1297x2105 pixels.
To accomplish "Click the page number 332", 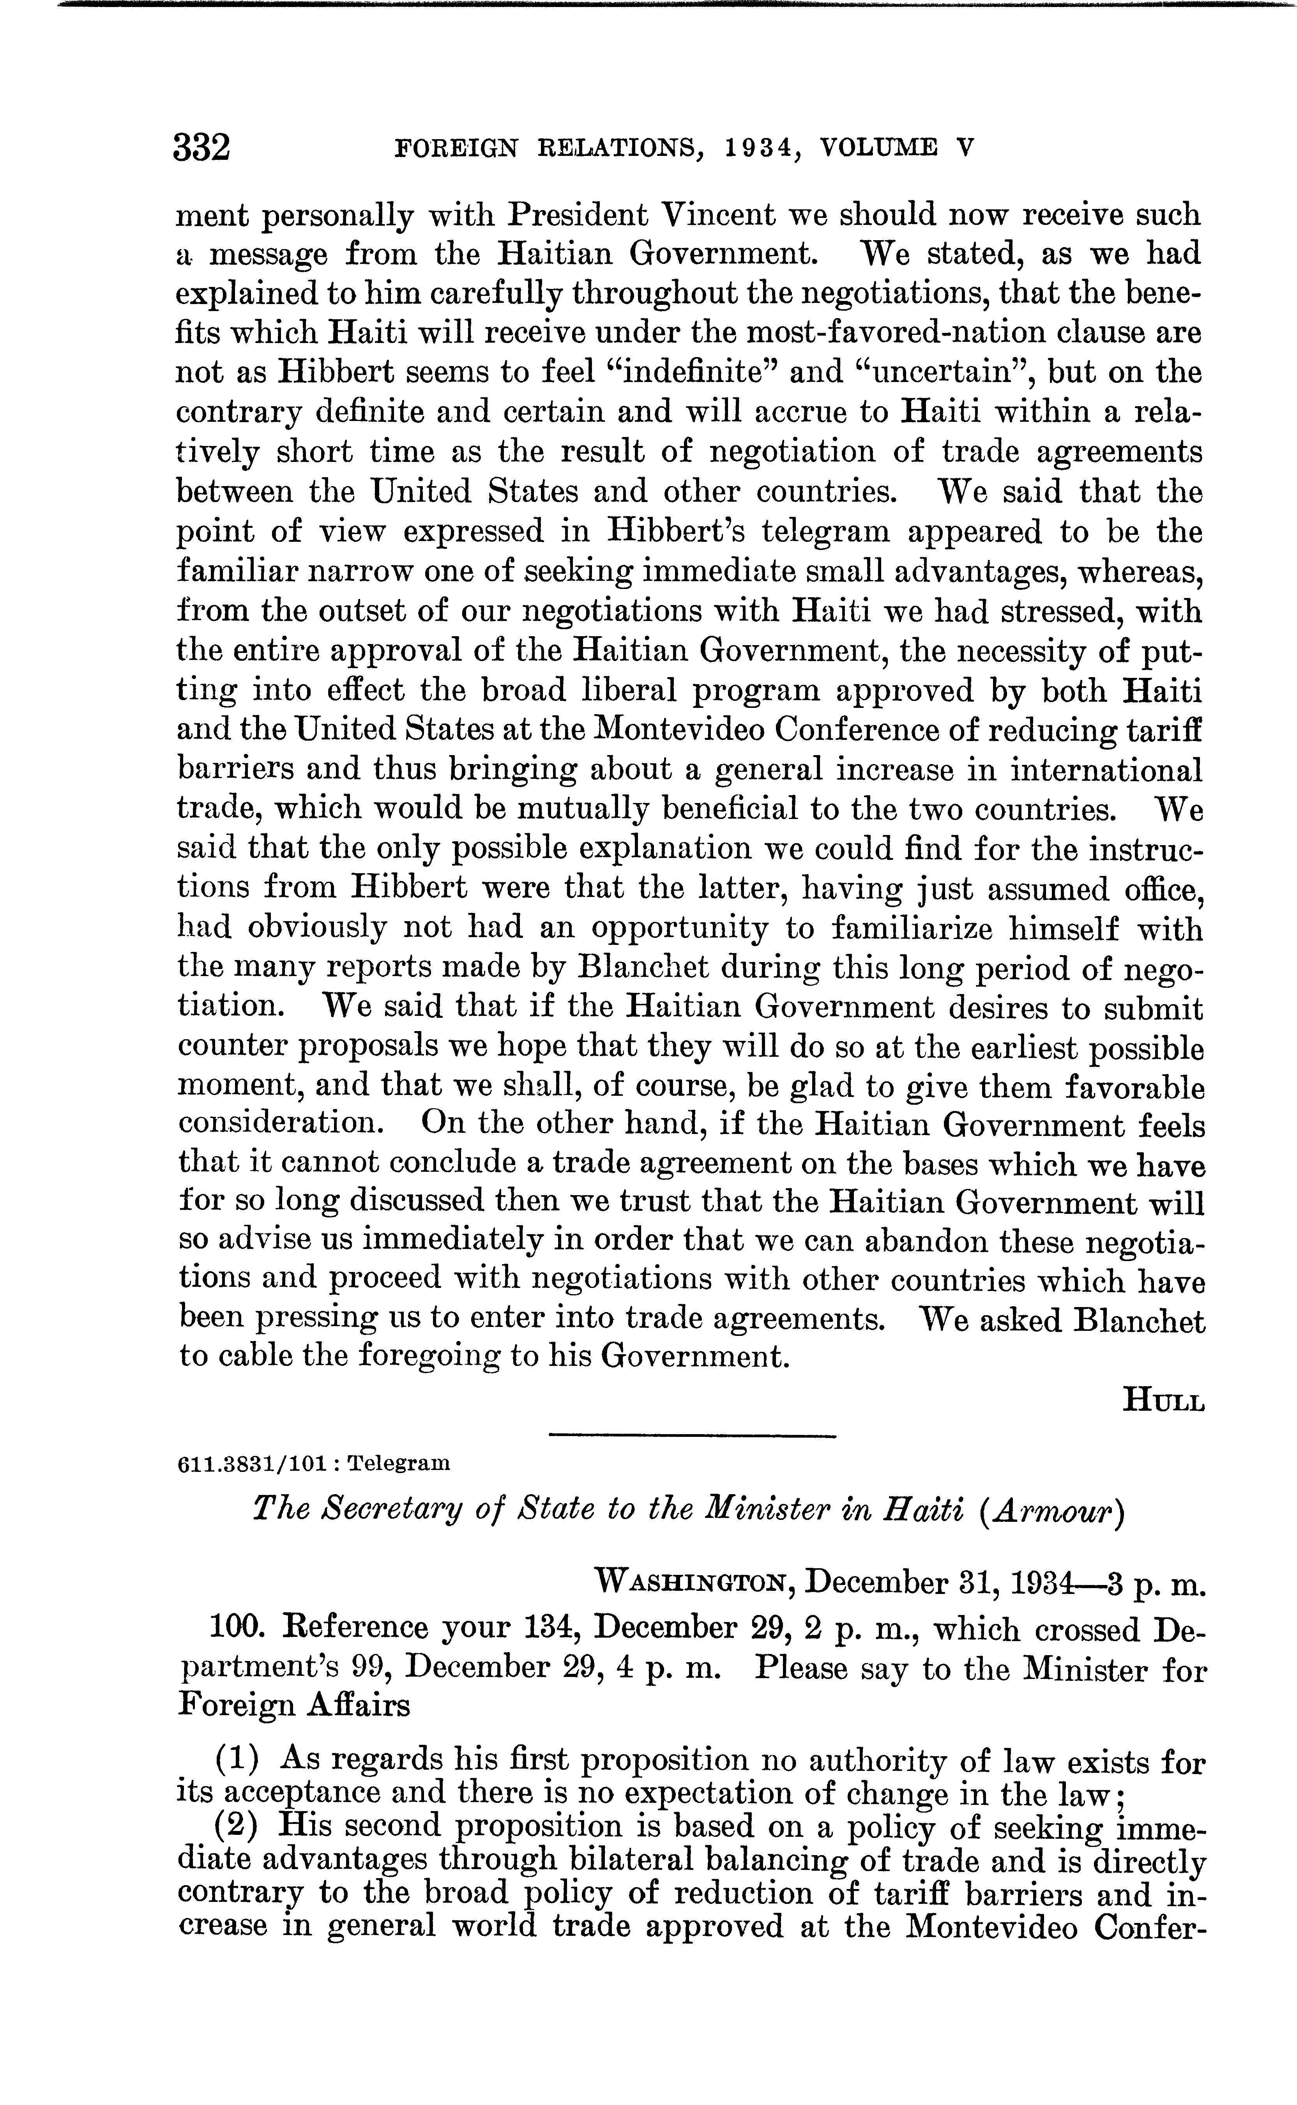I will pos(202,147).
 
